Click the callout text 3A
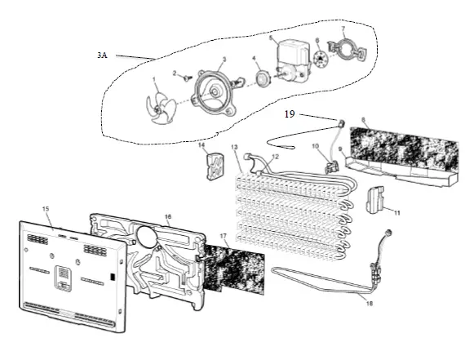point(101,55)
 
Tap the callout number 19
point(290,114)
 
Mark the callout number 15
point(46,211)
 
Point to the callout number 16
point(168,217)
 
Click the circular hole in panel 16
point(148,236)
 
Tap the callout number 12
point(275,156)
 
